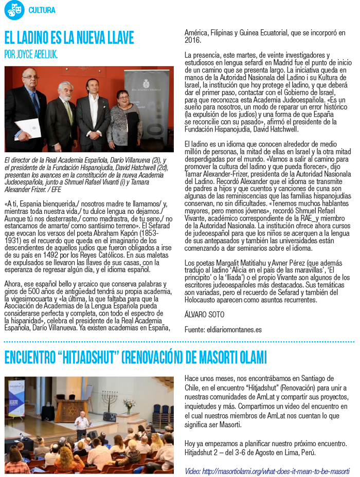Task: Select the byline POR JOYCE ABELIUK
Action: [31, 54]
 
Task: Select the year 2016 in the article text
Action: [192, 40]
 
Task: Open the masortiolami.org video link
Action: [267, 470]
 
